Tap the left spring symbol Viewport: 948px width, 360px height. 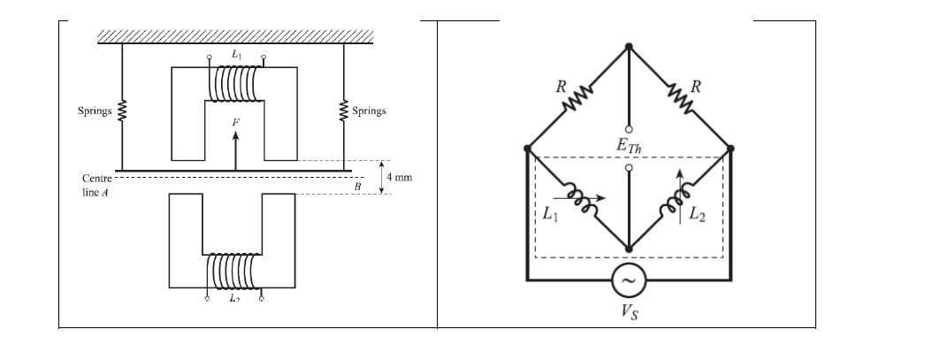click(122, 112)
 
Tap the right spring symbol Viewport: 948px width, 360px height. click(343, 111)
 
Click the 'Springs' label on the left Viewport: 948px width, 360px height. click(95, 111)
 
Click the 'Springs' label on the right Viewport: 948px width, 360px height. click(369, 111)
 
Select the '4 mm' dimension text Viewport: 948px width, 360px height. click(400, 178)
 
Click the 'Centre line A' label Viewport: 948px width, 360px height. click(95, 185)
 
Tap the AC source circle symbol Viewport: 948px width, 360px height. click(629, 280)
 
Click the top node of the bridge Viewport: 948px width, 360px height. click(629, 46)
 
